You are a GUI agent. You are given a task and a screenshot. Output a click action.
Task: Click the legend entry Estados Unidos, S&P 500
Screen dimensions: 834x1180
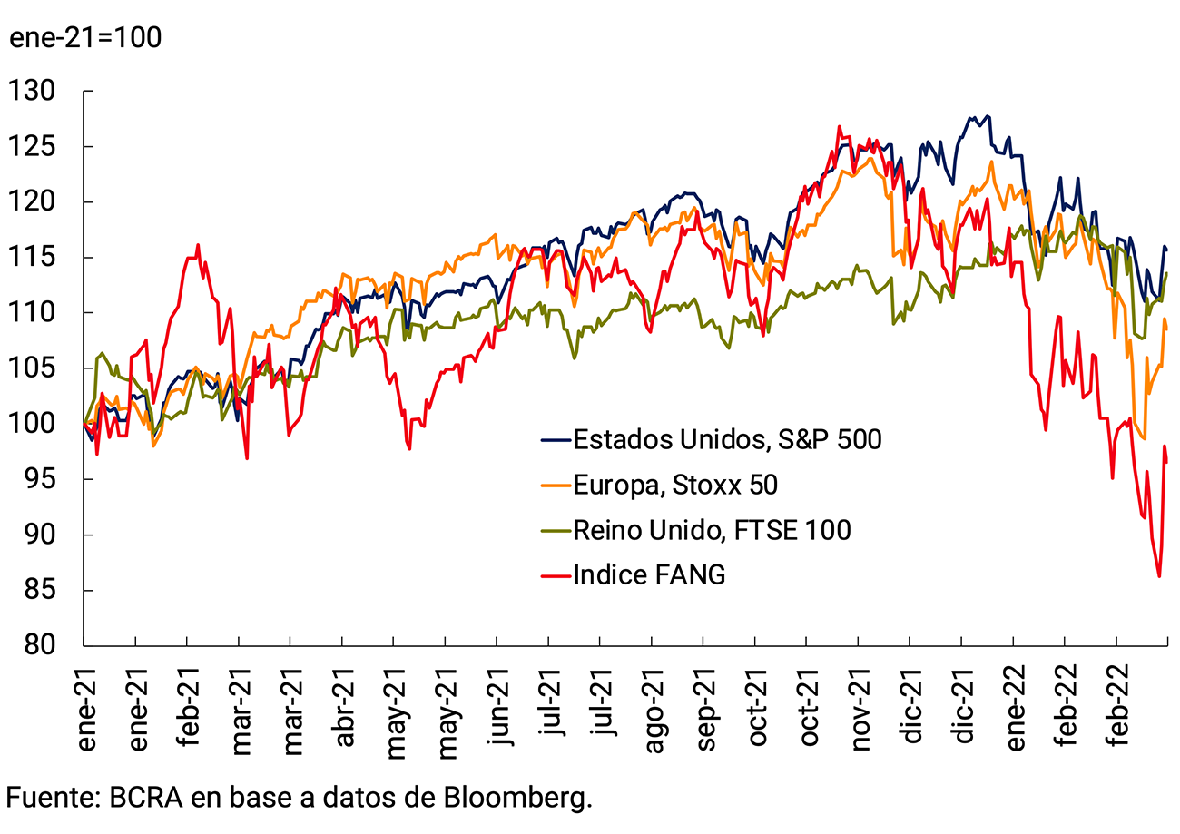click(726, 440)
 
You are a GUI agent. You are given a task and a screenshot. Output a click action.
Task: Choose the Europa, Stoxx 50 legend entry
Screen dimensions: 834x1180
click(674, 486)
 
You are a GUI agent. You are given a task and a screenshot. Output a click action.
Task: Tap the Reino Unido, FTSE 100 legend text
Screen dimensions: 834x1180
click(712, 529)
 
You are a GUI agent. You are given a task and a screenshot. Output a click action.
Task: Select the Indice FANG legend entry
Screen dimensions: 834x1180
click(649, 574)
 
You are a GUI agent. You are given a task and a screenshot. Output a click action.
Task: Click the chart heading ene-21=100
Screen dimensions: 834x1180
click(85, 39)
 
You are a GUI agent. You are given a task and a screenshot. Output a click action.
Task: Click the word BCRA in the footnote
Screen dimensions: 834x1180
click(145, 799)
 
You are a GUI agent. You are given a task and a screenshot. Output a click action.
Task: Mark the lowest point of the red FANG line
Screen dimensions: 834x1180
click(1159, 576)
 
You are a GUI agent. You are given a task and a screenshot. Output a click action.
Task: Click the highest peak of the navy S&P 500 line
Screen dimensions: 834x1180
click(988, 116)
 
